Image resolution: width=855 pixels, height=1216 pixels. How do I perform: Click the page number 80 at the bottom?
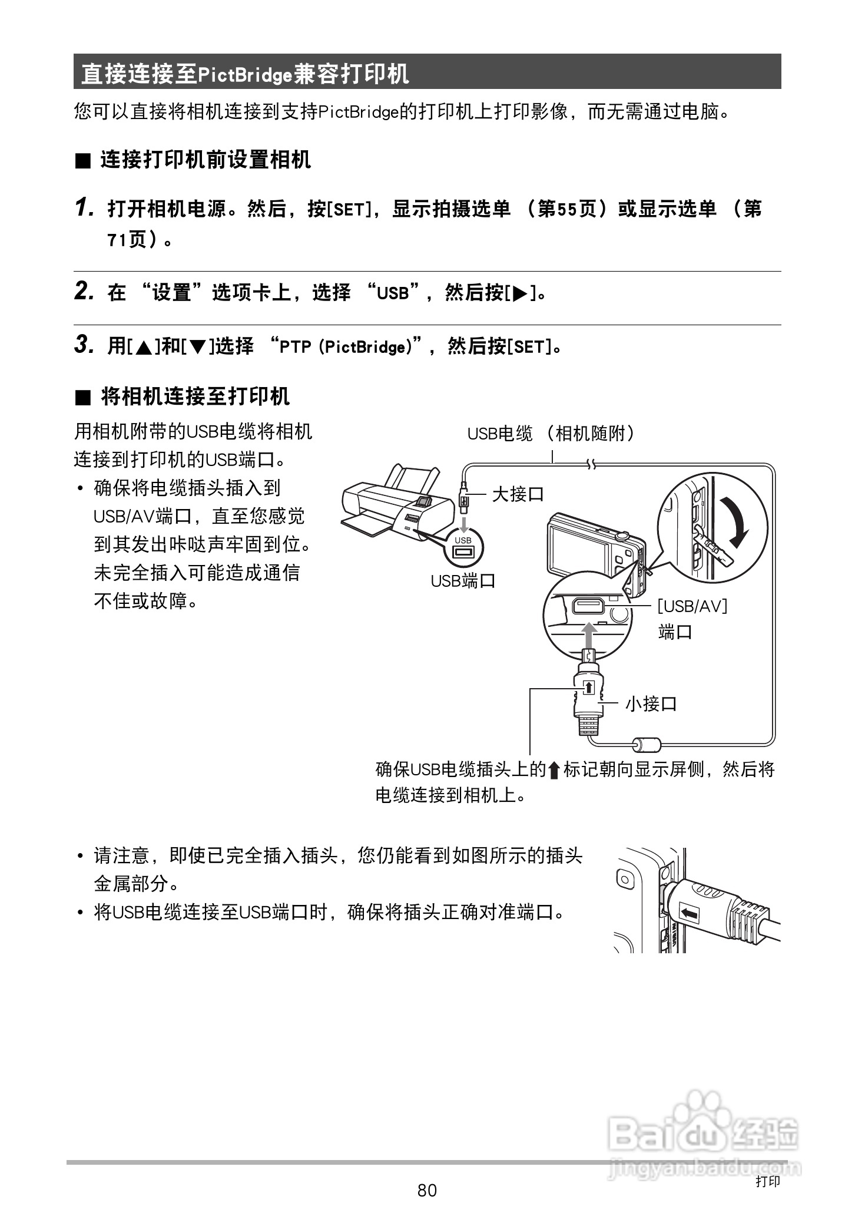point(427,1190)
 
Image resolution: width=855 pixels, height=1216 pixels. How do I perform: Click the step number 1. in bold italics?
point(85,208)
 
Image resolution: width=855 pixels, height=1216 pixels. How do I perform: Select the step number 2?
point(85,292)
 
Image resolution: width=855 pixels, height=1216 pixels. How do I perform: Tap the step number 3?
point(85,345)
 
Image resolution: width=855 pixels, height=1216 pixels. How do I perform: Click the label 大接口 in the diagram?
point(518,494)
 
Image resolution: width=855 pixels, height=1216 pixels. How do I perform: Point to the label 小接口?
point(651,703)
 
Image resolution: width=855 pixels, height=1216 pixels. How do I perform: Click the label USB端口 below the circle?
point(463,581)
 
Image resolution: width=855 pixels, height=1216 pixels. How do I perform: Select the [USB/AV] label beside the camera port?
point(692,606)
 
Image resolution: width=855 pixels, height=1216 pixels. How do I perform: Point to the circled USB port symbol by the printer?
point(463,547)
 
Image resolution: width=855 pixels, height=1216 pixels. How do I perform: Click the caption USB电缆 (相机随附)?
point(551,434)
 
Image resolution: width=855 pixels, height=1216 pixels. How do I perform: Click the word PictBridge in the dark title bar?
point(244,74)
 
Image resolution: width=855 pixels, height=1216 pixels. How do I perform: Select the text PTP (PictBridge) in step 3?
point(346,346)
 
